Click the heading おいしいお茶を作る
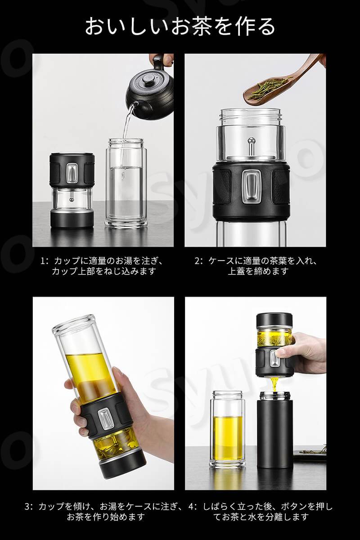(180, 26)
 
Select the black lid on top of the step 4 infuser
(274, 320)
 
